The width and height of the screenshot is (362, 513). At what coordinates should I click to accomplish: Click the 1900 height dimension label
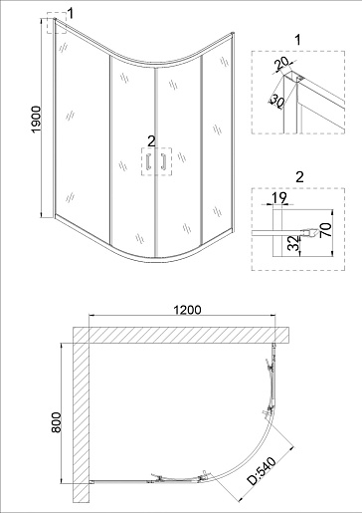pyautogui.click(x=36, y=120)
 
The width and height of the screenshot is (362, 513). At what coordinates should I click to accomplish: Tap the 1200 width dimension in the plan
pyautogui.click(x=187, y=310)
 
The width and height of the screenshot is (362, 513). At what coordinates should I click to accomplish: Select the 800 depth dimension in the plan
pyautogui.click(x=57, y=422)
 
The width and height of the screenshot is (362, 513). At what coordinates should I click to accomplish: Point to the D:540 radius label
pyautogui.click(x=263, y=471)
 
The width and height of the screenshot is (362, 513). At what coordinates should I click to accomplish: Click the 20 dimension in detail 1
pyautogui.click(x=282, y=64)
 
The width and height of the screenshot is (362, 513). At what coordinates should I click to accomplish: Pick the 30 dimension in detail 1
pyautogui.click(x=276, y=101)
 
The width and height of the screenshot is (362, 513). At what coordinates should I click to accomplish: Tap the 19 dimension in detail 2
pyautogui.click(x=279, y=197)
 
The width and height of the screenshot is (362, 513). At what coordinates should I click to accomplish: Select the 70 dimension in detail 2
pyautogui.click(x=326, y=229)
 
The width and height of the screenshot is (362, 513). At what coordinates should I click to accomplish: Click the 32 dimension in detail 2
pyautogui.click(x=293, y=243)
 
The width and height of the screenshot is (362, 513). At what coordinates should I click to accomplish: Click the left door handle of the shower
pyautogui.click(x=149, y=161)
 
